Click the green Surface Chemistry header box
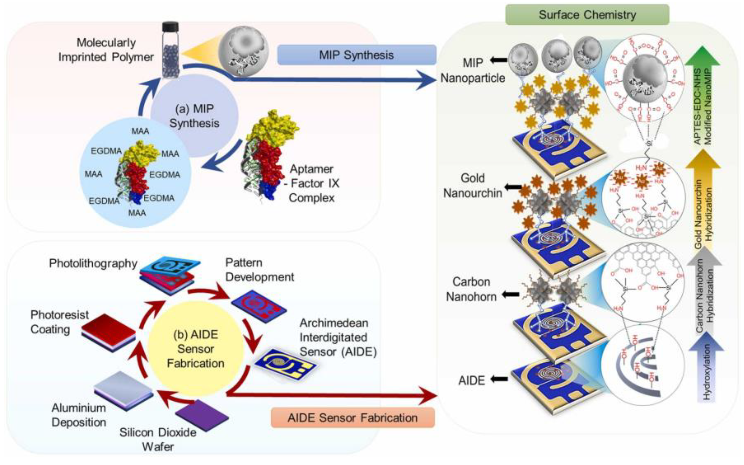click(x=587, y=15)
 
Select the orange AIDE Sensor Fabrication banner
click(x=353, y=418)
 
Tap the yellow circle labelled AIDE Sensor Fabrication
click(x=195, y=348)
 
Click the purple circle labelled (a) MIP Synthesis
click(x=194, y=116)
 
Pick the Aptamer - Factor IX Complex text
click(x=314, y=183)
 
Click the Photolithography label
click(x=93, y=263)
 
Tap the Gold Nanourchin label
click(x=473, y=186)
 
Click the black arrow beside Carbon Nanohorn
click(x=510, y=295)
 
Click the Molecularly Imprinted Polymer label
click(x=106, y=50)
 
